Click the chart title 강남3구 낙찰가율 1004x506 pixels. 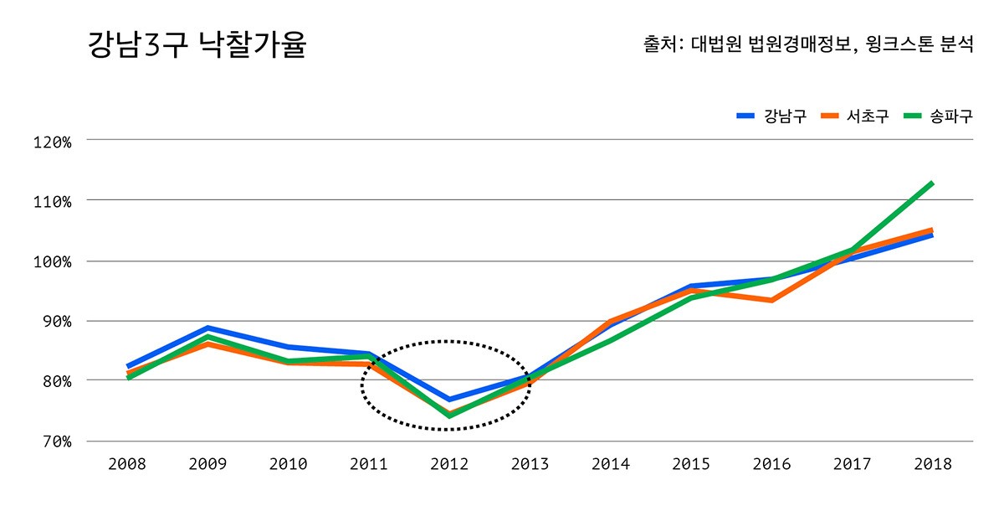point(197,45)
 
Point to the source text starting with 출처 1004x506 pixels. point(807,44)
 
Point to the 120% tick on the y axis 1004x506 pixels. point(52,142)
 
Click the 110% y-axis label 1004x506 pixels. point(52,201)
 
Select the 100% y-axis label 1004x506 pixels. point(52,261)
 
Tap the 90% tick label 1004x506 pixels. point(56,322)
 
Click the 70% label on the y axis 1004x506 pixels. point(56,441)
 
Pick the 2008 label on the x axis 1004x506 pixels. point(127,464)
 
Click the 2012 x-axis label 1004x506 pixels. point(449,464)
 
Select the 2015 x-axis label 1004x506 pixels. point(691,464)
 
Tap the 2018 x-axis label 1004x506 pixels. point(932,464)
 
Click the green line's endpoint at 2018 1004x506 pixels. point(932,183)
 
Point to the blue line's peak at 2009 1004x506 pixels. point(207,328)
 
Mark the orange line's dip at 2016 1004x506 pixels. point(771,300)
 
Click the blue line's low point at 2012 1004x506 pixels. point(449,399)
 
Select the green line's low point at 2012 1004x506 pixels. point(449,416)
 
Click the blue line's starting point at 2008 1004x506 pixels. point(128,366)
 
